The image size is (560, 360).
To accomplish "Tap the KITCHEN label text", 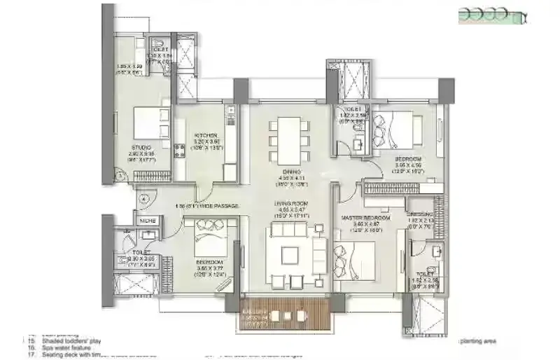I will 206,135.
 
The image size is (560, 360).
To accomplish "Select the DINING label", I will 292,172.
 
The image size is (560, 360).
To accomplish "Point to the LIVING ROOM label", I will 292,203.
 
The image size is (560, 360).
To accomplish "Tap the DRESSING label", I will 421,214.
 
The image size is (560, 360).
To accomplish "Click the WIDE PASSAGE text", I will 217,206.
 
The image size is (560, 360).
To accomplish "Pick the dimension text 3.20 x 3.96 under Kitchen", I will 206,141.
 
